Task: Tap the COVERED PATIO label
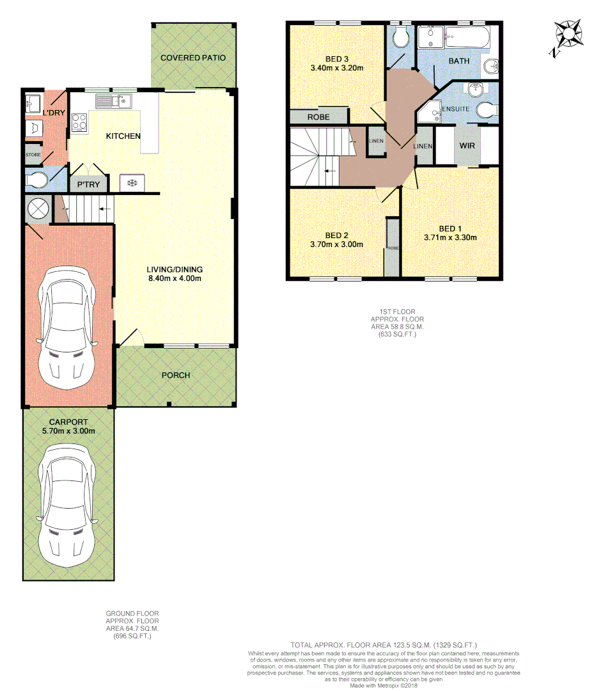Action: (x=193, y=58)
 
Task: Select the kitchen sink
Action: (x=113, y=100)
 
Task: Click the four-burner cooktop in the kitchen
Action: (x=79, y=122)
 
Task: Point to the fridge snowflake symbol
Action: (x=132, y=184)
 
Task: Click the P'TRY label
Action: (x=88, y=185)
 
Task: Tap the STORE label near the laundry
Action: (x=33, y=155)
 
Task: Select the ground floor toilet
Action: (x=35, y=180)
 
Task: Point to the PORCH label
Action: (x=176, y=375)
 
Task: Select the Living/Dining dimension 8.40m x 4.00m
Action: (x=175, y=278)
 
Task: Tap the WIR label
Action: (x=467, y=146)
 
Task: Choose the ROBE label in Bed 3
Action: (x=318, y=118)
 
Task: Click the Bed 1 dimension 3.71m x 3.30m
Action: (x=450, y=237)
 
